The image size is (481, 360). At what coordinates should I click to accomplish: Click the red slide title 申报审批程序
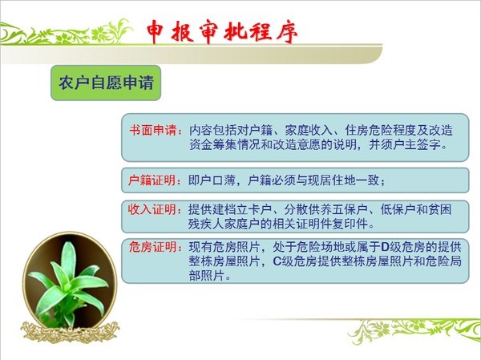tap(222, 32)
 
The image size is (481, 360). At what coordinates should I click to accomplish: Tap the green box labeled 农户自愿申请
tap(106, 83)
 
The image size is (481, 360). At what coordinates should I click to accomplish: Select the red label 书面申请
tap(153, 131)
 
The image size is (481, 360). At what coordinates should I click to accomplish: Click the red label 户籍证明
tap(152, 180)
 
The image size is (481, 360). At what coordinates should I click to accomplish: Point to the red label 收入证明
tap(152, 209)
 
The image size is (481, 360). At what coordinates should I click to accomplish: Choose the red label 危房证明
tap(152, 247)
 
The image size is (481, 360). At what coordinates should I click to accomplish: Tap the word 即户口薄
tap(212, 180)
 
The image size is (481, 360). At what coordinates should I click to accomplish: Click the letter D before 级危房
tap(385, 247)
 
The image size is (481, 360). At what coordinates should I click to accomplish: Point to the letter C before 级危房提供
tap(277, 261)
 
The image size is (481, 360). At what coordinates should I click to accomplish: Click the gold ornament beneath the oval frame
tap(70, 332)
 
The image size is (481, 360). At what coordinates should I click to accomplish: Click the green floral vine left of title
tap(66, 33)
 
